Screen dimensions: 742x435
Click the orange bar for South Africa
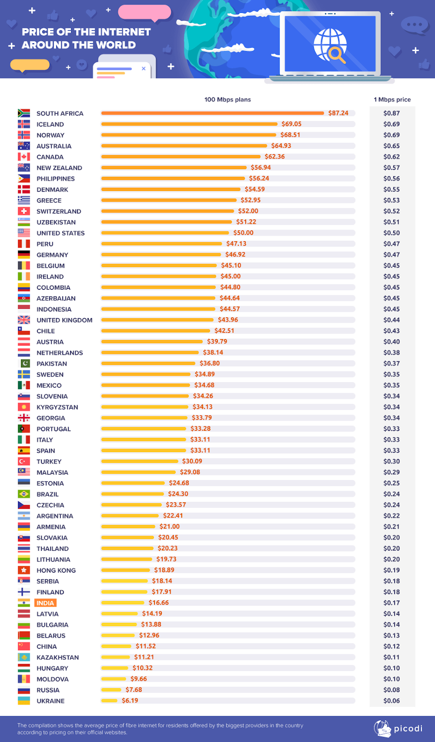coord(212,113)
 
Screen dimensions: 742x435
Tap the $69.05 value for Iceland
coord(291,124)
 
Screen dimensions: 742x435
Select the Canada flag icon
coord(24,157)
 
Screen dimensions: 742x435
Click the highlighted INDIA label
coord(45,603)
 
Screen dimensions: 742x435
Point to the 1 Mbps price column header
coord(392,99)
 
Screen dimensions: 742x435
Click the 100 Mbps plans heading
coord(227,99)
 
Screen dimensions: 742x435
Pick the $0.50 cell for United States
coord(391,233)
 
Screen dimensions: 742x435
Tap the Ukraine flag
coord(24,701)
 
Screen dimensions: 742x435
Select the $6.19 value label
coord(130,700)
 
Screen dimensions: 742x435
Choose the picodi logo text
coord(408,729)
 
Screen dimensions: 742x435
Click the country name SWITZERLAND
coord(59,211)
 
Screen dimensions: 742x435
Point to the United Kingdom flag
coord(24,320)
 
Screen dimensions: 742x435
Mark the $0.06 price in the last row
coord(391,701)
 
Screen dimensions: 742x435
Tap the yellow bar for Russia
coord(111,690)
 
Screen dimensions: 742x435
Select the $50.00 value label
coord(243,233)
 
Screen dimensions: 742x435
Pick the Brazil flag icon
coord(24,494)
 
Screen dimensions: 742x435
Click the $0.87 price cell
coord(391,113)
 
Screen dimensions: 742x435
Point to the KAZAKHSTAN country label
coord(58,657)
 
